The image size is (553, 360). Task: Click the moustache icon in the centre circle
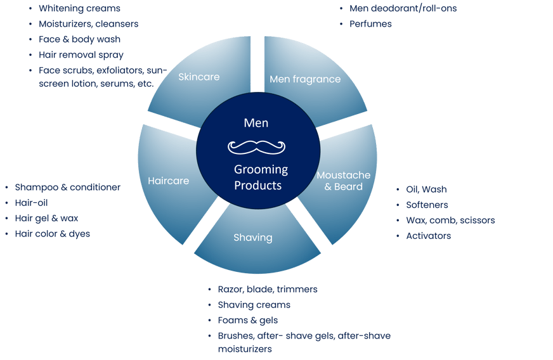[257, 147]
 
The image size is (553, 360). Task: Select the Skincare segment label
[198, 77]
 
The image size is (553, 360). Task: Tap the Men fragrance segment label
[305, 79]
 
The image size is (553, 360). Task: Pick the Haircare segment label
[168, 181]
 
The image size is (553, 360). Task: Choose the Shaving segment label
[252, 238]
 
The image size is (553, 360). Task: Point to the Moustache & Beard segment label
[339, 181]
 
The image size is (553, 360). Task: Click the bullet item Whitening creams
[79, 9]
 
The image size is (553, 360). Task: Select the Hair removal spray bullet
[81, 55]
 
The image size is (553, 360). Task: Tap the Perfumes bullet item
[370, 24]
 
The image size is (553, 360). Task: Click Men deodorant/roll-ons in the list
[403, 9]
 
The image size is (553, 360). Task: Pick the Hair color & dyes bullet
[52, 234]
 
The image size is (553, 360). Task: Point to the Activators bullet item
[428, 236]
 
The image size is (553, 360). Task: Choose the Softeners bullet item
[427, 205]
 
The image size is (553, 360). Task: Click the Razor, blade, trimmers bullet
[267, 289]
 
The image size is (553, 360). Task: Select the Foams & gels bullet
[247, 320]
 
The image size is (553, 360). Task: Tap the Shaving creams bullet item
[254, 305]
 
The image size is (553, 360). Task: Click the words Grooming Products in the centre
[261, 177]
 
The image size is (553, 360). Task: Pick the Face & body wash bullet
[79, 39]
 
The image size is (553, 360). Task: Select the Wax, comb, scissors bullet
[450, 221]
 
